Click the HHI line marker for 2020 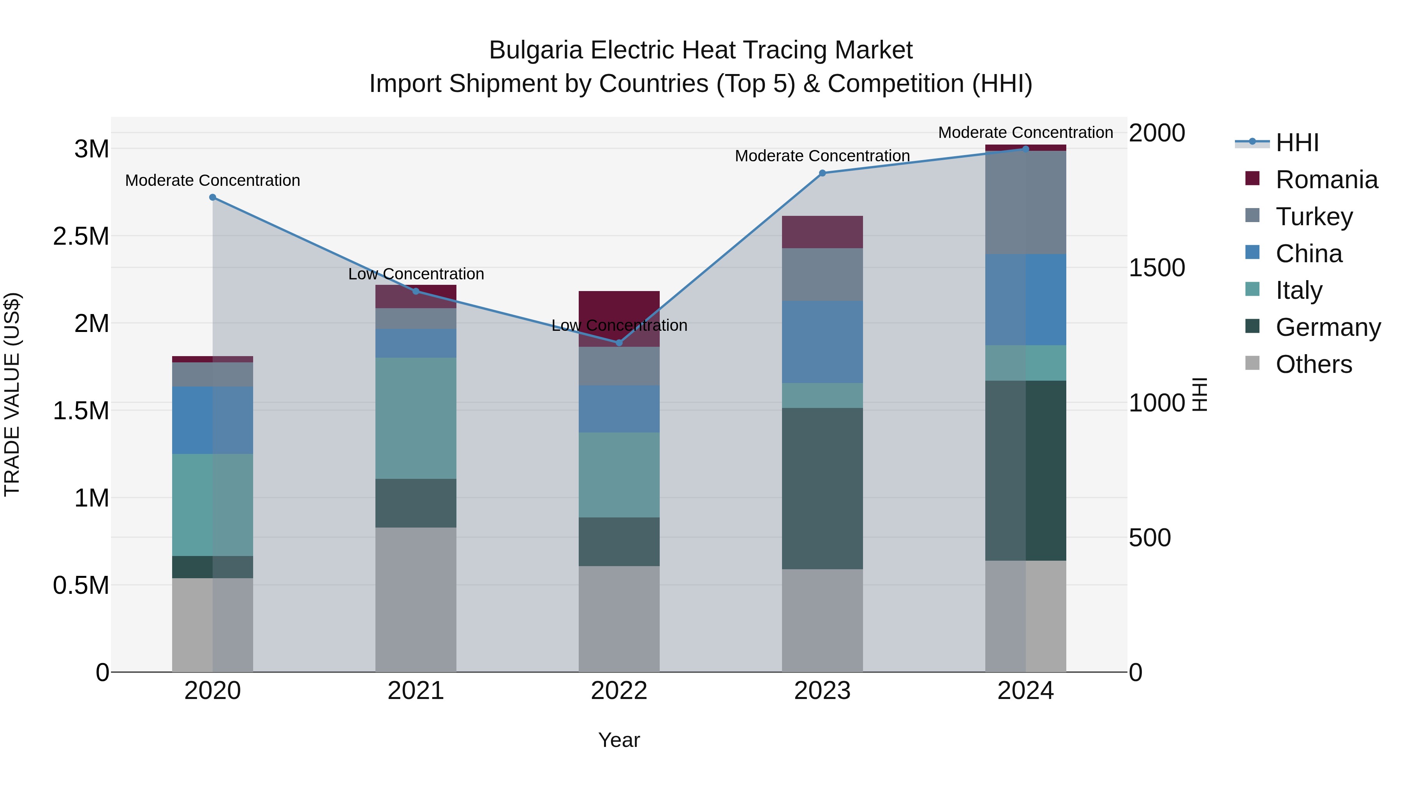pyautogui.click(x=213, y=197)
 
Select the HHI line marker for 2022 pyautogui.click(x=619, y=342)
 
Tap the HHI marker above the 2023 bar pyautogui.click(x=823, y=173)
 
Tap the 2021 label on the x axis pyautogui.click(x=416, y=691)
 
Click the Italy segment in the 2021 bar pyautogui.click(x=416, y=418)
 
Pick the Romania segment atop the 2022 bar pyautogui.click(x=619, y=319)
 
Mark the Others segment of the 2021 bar pyautogui.click(x=416, y=599)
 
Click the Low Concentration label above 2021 pyautogui.click(x=416, y=274)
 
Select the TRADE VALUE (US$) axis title pyautogui.click(x=12, y=394)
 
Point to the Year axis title pyautogui.click(x=619, y=740)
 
